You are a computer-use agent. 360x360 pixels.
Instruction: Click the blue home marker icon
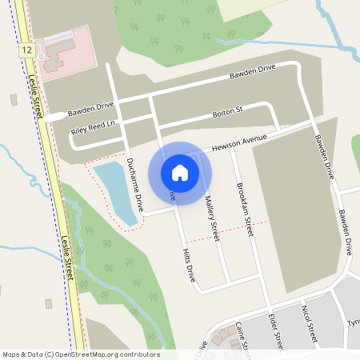pyautogui.click(x=180, y=173)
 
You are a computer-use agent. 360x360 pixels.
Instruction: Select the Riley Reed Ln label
pyautogui.click(x=94, y=125)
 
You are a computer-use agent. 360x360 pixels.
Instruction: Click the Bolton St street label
pyautogui.click(x=228, y=114)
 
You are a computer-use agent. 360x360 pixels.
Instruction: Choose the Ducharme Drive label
pyautogui.click(x=134, y=179)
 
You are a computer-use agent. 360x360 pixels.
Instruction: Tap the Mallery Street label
pyautogui.click(x=211, y=214)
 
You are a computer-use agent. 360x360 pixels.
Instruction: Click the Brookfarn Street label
pyautogui.click(x=246, y=209)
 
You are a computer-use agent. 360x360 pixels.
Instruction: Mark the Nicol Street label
pyautogui.click(x=310, y=318)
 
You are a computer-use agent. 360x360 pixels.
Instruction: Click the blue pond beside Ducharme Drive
pyautogui.click(x=115, y=192)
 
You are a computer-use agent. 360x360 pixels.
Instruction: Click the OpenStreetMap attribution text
pyautogui.click(x=80, y=354)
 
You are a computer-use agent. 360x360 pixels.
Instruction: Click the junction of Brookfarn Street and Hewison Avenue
pyautogui.click(x=232, y=150)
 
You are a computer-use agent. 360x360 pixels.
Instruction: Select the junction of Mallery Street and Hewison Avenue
pyautogui.click(x=196, y=158)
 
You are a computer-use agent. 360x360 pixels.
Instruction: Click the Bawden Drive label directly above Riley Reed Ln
pyautogui.click(x=92, y=110)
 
